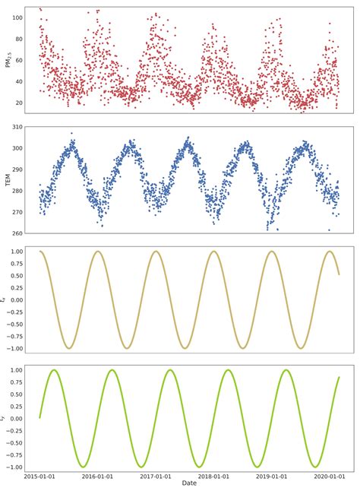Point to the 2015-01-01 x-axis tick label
tap(39, 476)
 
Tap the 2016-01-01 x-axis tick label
tap(97, 476)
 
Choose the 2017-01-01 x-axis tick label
tap(155, 476)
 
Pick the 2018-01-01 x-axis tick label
tap(213, 476)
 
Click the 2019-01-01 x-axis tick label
tap(270, 476)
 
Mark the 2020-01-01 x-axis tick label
tap(328, 476)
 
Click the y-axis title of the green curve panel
tap(5, 418)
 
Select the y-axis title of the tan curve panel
tap(5, 299)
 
